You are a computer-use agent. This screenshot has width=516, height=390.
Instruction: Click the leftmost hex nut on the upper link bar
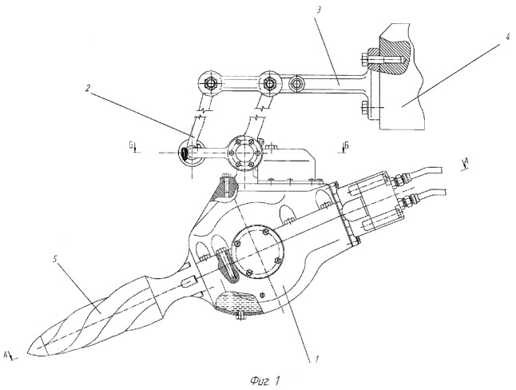pyautogui.click(x=210, y=82)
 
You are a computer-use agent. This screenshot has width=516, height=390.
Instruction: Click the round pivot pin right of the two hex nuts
pyautogui.click(x=298, y=83)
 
